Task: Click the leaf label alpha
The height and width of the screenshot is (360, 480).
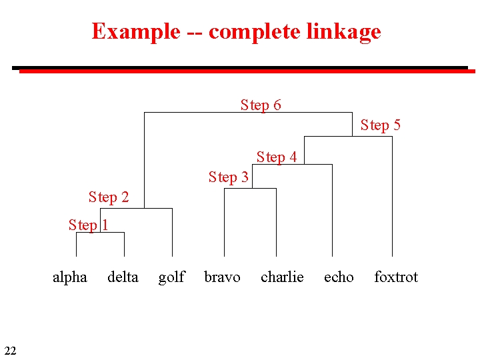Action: click(70, 277)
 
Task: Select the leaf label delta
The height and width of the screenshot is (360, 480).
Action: click(123, 277)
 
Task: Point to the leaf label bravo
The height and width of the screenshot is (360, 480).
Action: click(222, 277)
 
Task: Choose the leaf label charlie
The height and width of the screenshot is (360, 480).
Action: click(282, 277)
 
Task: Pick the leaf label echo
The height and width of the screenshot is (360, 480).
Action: click(339, 277)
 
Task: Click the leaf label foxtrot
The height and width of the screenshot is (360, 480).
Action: click(396, 277)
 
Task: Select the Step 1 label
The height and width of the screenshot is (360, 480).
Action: click(88, 225)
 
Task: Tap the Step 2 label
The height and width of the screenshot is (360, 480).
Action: click(109, 197)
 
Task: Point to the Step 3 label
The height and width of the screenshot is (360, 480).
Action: click(228, 177)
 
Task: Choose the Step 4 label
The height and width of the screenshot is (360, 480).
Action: click(277, 157)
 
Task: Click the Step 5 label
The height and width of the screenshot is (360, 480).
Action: click(381, 125)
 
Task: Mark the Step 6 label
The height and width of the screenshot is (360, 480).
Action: click(261, 105)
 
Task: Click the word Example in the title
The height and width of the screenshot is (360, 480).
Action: click(136, 31)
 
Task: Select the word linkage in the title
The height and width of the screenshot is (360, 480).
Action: click(344, 31)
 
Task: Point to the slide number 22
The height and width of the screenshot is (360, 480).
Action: click(10, 351)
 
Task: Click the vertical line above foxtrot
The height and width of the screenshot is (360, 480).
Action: click(392, 200)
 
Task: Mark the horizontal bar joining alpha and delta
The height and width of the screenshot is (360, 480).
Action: click(100, 232)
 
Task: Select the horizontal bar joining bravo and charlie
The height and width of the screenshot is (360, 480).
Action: click(250, 189)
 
